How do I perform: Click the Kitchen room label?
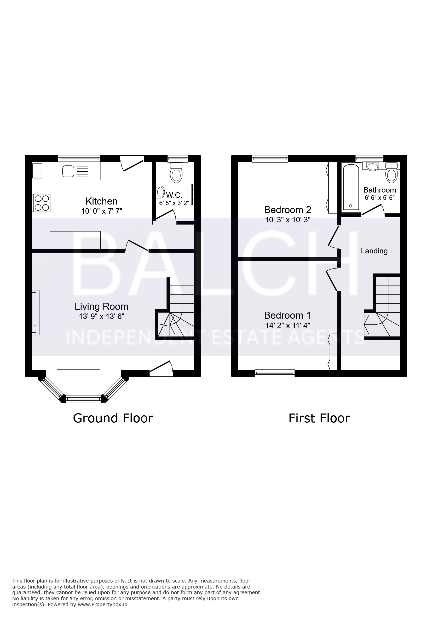tap(101, 201)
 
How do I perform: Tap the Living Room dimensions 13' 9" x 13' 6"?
tap(102, 316)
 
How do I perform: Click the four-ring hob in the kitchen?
tap(41, 203)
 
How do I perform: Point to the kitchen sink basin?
tap(68, 171)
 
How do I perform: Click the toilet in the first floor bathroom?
tap(391, 172)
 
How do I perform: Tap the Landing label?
tap(374, 251)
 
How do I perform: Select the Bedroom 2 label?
tap(287, 209)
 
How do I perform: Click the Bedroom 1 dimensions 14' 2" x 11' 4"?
tap(288, 325)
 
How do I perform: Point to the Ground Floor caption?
tap(113, 418)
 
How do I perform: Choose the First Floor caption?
tap(319, 418)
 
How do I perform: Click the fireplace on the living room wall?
tap(36, 312)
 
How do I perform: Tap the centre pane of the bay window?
tap(83, 399)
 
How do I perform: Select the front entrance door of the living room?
tap(161, 367)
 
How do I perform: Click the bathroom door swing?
tap(373, 209)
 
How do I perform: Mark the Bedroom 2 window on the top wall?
tap(270, 159)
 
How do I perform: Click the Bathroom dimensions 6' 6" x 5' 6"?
tap(379, 198)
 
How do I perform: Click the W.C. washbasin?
tap(160, 193)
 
